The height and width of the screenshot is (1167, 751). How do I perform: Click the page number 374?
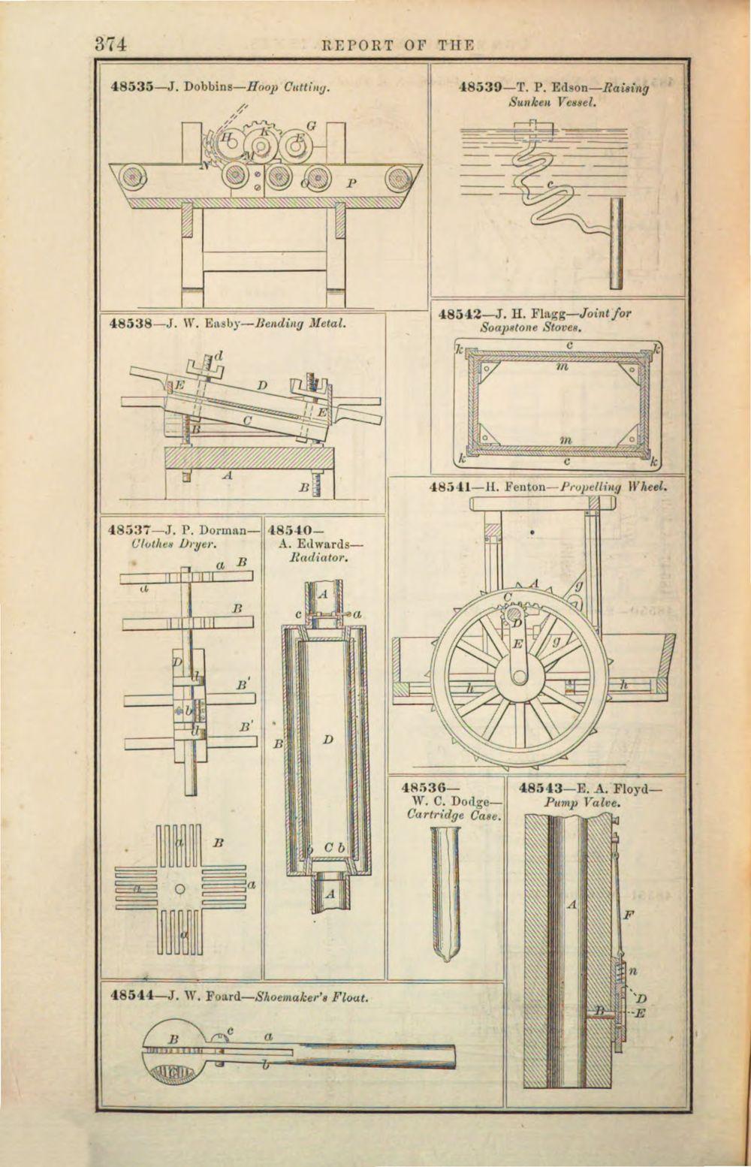point(110,44)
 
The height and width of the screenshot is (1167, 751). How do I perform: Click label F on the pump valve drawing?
point(629,915)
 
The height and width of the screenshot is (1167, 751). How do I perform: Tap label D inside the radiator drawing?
point(328,740)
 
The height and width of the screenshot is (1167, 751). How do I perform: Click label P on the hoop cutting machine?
point(351,182)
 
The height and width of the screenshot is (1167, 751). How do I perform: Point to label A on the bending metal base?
point(227,475)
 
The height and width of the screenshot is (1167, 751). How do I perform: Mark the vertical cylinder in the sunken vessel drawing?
point(616,243)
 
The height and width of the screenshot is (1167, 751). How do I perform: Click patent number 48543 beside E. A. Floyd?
point(541,789)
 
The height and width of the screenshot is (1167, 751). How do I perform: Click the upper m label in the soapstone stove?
point(562,369)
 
